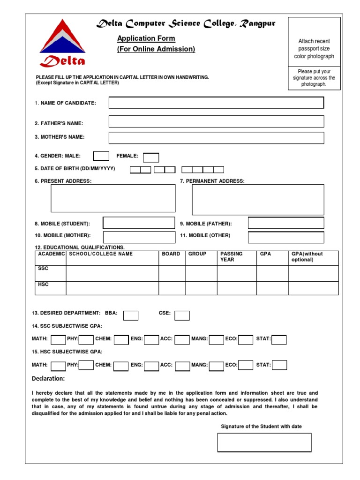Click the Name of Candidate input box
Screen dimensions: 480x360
point(216,103)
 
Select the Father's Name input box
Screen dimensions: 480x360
point(216,121)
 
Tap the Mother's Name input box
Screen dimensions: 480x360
point(216,138)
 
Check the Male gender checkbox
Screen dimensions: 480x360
point(101,156)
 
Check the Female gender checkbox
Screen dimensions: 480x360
point(151,157)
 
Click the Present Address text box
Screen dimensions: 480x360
point(113,198)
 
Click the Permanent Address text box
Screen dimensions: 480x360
point(258,199)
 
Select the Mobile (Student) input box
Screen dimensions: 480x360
point(139,223)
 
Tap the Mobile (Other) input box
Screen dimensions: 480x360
point(285,237)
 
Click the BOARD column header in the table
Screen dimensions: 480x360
point(171,254)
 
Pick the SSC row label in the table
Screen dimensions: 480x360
point(43,269)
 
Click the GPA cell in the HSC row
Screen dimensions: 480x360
point(272,288)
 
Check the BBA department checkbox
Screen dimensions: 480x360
point(131,315)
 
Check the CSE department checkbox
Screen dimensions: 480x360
point(182,315)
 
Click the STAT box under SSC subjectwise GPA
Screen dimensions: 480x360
point(279,340)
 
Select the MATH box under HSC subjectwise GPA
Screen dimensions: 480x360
point(58,366)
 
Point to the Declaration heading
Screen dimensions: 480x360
point(48,379)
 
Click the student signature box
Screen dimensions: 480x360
point(264,442)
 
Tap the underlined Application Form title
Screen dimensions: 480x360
point(146,38)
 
